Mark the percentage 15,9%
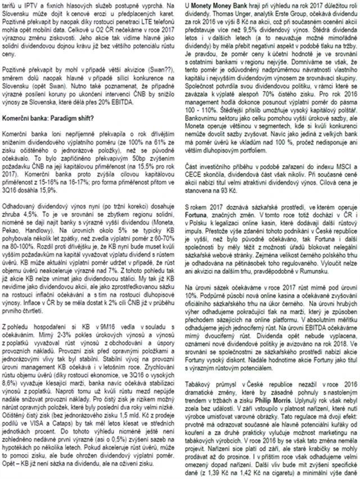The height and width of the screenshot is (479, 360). (x=53, y=188)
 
